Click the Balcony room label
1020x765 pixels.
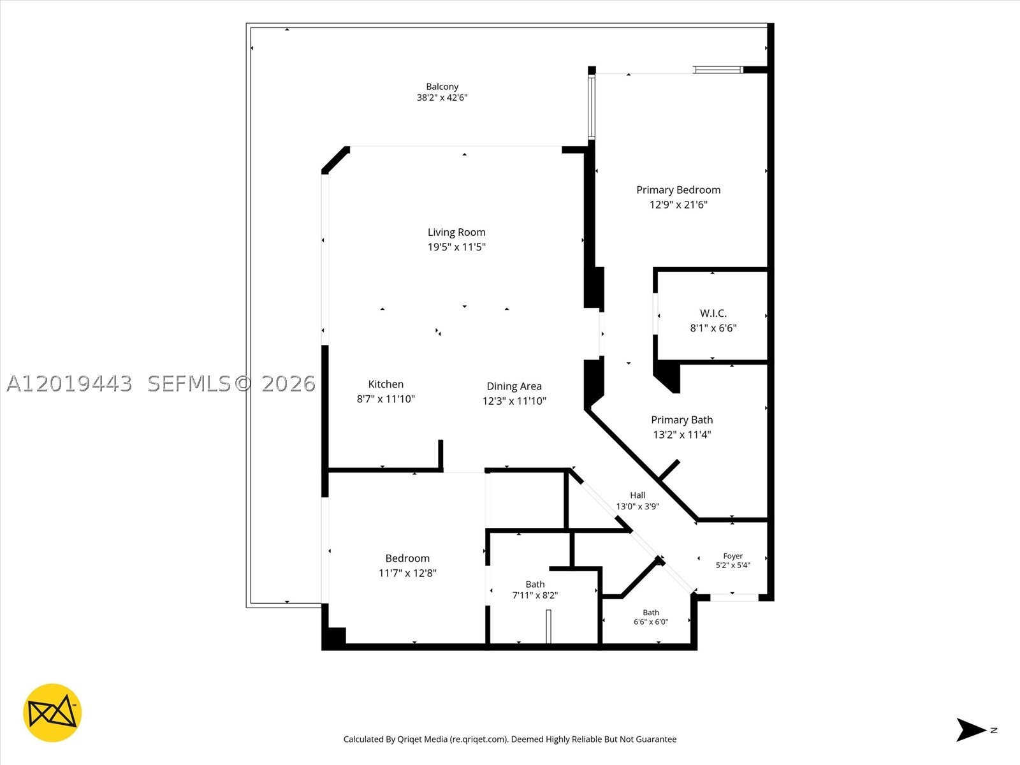pyautogui.click(x=442, y=87)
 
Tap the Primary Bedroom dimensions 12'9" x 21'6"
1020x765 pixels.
pyautogui.click(x=678, y=205)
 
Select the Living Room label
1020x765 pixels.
pyautogui.click(x=456, y=232)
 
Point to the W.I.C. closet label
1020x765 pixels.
pyautogui.click(x=713, y=314)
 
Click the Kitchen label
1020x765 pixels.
pyautogui.click(x=386, y=384)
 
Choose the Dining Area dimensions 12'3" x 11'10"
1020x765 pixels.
pyautogui.click(x=514, y=401)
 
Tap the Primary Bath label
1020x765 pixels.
pyautogui.click(x=681, y=420)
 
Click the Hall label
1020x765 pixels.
pyautogui.click(x=637, y=495)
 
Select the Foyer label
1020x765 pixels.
pyautogui.click(x=733, y=556)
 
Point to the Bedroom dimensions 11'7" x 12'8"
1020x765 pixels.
pyautogui.click(x=407, y=573)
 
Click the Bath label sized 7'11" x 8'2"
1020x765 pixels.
pyautogui.click(x=535, y=585)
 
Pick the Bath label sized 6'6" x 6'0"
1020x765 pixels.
pyautogui.click(x=651, y=613)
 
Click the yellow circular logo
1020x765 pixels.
pyautogui.click(x=52, y=713)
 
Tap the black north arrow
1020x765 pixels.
pyautogui.click(x=970, y=730)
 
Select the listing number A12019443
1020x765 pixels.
pyautogui.click(x=69, y=384)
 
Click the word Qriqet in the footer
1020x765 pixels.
pyautogui.click(x=409, y=739)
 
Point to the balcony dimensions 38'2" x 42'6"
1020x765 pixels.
pyautogui.click(x=442, y=98)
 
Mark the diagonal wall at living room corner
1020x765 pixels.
pyautogui.click(x=335, y=160)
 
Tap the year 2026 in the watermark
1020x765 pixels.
pyautogui.click(x=289, y=384)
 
